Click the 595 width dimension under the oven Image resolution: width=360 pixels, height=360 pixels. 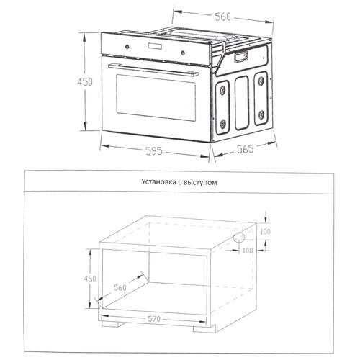(x=154, y=151)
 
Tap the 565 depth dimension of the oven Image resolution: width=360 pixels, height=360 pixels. (x=245, y=149)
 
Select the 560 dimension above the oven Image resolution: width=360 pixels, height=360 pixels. (x=222, y=17)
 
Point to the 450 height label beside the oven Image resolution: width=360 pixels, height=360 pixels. (x=85, y=82)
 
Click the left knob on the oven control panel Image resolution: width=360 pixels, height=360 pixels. (x=127, y=47)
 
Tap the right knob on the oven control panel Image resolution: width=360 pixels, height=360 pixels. (x=183, y=53)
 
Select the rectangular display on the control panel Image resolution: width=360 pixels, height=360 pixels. (x=155, y=47)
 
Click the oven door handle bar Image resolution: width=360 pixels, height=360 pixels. (x=153, y=70)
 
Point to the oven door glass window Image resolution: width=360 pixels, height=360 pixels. (x=156, y=98)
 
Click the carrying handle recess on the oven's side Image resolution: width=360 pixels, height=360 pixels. (x=241, y=58)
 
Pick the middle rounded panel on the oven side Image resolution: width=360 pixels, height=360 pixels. (x=241, y=103)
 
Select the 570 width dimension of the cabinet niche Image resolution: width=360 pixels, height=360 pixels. (x=154, y=319)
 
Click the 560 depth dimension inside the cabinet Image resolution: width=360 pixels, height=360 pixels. (x=120, y=287)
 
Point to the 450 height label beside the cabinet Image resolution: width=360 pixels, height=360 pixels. (x=90, y=279)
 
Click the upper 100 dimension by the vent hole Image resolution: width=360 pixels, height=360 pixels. (x=265, y=232)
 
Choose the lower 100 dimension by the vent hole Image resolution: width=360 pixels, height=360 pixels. (x=248, y=251)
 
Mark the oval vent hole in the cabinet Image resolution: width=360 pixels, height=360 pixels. (x=239, y=238)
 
